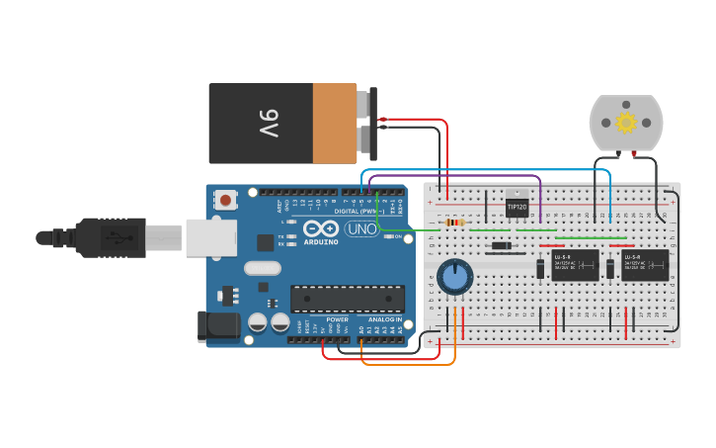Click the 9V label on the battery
click(269, 124)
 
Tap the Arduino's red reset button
click(226, 201)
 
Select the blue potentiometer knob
click(454, 277)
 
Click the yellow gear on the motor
click(625, 123)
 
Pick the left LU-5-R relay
click(575, 265)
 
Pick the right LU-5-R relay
click(644, 265)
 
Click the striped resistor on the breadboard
click(454, 223)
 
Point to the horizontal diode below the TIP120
click(502, 246)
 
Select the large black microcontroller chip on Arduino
click(347, 299)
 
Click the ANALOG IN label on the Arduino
click(386, 319)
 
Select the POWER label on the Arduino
click(337, 319)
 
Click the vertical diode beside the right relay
click(610, 268)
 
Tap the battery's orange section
click(335, 124)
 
